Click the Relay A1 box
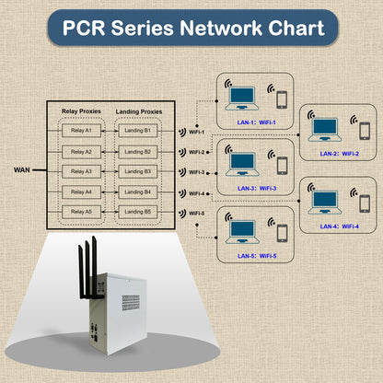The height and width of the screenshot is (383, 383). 81,132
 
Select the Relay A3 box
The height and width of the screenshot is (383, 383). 81,171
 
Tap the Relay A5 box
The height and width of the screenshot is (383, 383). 81,211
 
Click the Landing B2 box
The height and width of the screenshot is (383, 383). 139,152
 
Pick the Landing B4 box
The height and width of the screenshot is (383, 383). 139,191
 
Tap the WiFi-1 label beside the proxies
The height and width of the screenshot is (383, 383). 195,132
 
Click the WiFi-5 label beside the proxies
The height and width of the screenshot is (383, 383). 195,213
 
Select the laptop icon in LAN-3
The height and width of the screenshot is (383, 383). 242,163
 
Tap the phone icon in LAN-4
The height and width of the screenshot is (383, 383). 366,202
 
